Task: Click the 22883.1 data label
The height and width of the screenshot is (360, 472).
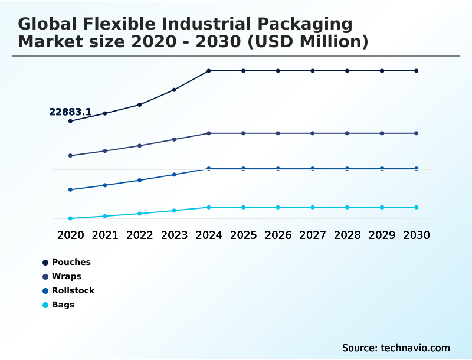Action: (x=70, y=112)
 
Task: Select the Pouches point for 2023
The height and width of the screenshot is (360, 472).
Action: (x=174, y=90)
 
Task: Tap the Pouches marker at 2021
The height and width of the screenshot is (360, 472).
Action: (x=105, y=113)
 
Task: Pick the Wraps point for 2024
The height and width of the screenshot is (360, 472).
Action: (x=209, y=133)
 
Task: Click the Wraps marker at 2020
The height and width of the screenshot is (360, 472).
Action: (x=70, y=156)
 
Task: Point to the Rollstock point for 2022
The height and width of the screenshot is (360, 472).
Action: (x=139, y=180)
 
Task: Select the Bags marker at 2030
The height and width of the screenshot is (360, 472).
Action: (x=417, y=207)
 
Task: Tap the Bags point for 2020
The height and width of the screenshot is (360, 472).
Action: (x=70, y=218)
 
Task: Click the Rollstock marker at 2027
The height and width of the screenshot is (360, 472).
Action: (x=313, y=169)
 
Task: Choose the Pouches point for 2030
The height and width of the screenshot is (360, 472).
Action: (x=417, y=71)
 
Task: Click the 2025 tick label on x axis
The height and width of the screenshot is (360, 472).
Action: (x=243, y=235)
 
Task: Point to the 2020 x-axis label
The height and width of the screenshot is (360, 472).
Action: (x=70, y=235)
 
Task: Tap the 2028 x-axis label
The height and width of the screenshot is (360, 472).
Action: (x=347, y=235)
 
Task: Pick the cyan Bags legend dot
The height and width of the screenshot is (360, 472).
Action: (x=45, y=305)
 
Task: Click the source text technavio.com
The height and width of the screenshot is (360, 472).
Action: (x=415, y=348)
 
